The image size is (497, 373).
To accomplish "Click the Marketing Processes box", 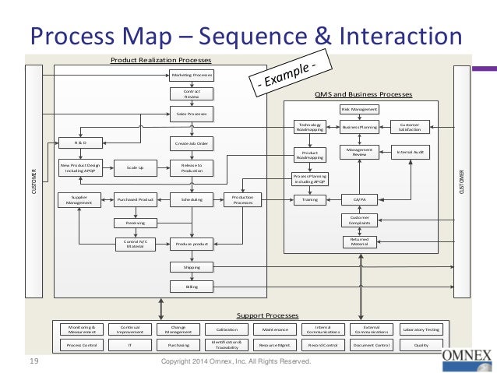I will point(192,76).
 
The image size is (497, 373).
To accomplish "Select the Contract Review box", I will point(192,94).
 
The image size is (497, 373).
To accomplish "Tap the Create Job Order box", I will point(192,143).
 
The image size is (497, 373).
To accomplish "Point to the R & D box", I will point(81,143).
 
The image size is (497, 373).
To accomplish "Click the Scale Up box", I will point(136,166).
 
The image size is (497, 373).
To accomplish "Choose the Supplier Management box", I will point(81,199).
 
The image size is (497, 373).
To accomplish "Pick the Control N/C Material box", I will point(136,244).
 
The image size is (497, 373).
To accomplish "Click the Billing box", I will point(192,287).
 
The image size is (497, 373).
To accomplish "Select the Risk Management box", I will point(359,110).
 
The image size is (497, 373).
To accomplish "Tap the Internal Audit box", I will point(410,153).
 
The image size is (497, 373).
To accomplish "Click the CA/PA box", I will point(359,199).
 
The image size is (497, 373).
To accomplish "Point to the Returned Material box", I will point(359,242).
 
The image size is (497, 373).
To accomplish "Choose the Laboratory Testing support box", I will point(421,329).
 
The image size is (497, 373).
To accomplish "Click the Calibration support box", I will point(227,329).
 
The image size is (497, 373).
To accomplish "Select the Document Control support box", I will point(371,344).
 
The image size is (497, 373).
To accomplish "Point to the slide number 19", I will point(33,361).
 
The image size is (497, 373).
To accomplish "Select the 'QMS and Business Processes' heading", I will point(363,94).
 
